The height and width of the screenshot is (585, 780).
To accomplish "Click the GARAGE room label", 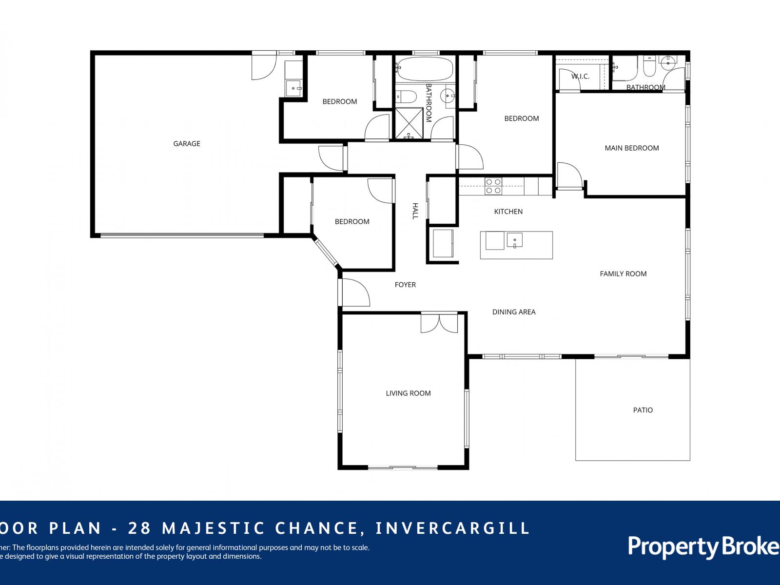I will [x=187, y=143].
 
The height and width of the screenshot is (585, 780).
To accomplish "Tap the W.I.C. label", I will [x=580, y=77].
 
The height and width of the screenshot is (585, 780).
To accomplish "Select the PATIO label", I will [x=643, y=410].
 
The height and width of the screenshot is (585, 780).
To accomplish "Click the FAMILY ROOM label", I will [x=623, y=274].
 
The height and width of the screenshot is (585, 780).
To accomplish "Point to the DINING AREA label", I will [x=514, y=312].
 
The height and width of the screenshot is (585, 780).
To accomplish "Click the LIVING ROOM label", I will [x=408, y=393].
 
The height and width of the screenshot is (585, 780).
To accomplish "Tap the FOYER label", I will [x=405, y=285].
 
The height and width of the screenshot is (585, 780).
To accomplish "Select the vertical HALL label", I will [x=415, y=211].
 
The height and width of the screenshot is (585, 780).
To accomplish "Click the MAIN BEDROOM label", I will [x=632, y=148].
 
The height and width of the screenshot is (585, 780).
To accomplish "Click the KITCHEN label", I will [x=508, y=212].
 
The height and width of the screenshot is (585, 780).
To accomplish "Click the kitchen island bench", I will [x=516, y=245].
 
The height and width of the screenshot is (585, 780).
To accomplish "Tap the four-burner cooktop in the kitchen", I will [x=493, y=186].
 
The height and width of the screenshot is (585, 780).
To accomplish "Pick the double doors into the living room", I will [x=440, y=323].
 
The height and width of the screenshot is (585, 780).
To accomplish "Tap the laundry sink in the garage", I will [x=294, y=88].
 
